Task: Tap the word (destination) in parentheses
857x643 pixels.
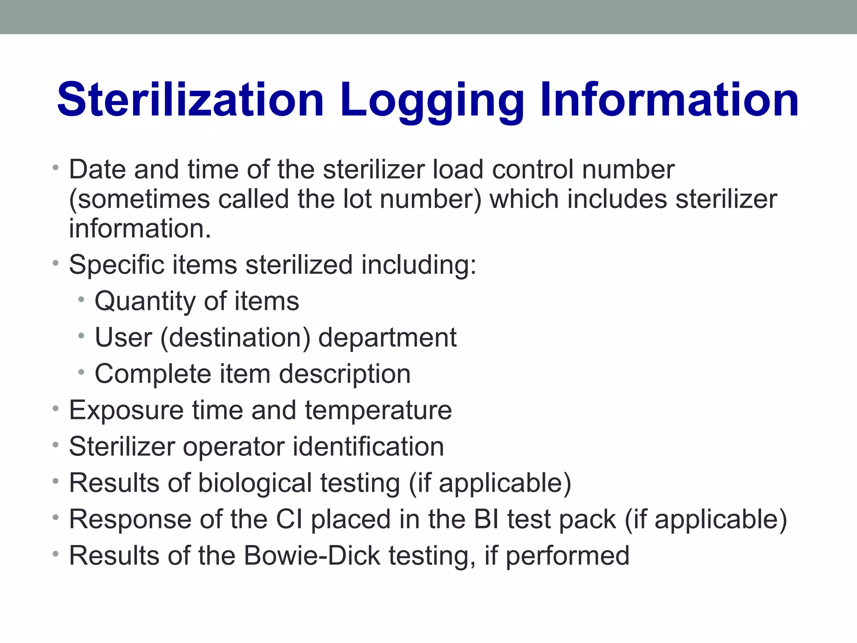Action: (235, 337)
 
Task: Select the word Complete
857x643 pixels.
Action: (153, 374)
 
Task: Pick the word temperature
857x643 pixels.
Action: (378, 410)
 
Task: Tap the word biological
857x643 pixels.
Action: (255, 483)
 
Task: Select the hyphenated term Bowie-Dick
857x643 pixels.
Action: (312, 556)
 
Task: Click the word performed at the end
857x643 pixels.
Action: (567, 556)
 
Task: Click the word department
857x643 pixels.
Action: (387, 338)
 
